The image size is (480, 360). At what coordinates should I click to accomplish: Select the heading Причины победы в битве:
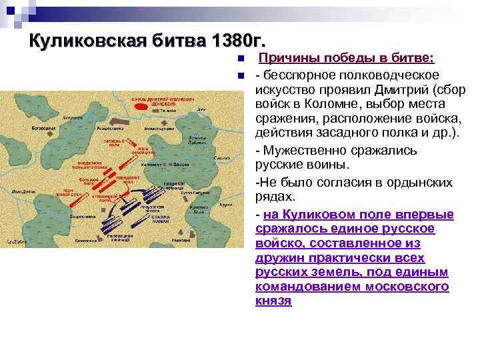point(347,59)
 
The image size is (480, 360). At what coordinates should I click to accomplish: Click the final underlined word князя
point(273,301)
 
